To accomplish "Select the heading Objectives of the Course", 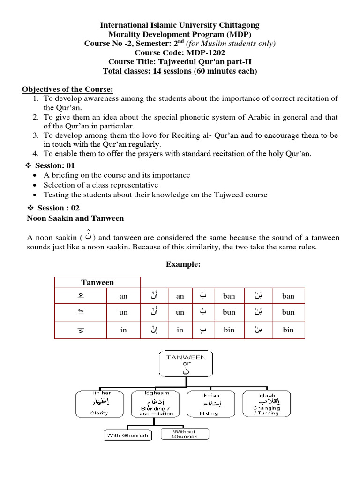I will click(x=67, y=90).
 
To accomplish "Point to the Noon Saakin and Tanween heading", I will click(x=75, y=218).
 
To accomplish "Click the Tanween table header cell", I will click(x=97, y=282).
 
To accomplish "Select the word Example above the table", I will click(x=183, y=264).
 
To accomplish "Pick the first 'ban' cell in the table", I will click(x=229, y=296).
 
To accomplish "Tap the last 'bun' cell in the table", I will click(x=288, y=312).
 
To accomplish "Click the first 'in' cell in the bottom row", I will click(x=123, y=330).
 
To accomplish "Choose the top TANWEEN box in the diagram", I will click(x=180, y=364).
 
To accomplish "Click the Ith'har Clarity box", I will click(x=99, y=403).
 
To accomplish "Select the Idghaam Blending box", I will click(x=156, y=403).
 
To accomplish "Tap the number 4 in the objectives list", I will click(x=36, y=153).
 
